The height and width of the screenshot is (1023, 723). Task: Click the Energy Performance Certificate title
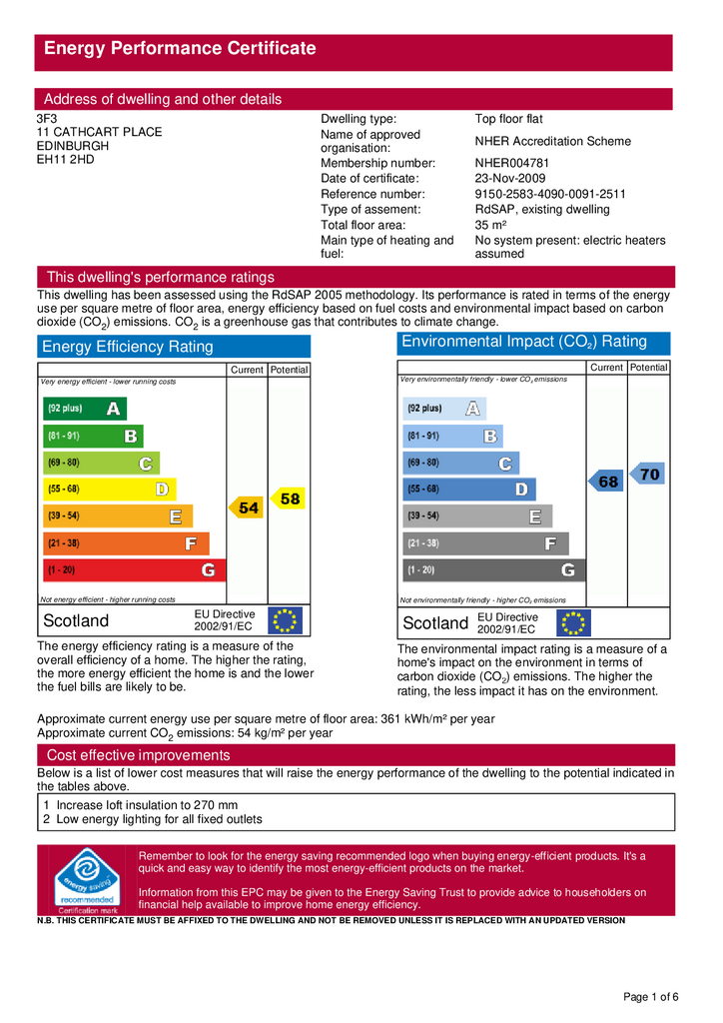[x=180, y=48]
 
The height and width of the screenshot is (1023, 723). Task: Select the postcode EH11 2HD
[x=65, y=159]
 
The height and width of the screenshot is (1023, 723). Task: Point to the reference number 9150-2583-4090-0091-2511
[x=550, y=194]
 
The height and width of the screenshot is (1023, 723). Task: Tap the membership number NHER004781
[x=512, y=163]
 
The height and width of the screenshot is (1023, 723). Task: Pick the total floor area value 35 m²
[x=492, y=225]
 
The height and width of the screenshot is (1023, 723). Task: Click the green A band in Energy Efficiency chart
[x=85, y=409]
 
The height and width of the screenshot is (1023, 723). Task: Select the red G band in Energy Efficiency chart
[x=133, y=570]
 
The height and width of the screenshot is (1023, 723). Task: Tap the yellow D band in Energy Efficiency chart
[x=109, y=490]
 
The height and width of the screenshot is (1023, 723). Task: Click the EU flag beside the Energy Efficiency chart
[x=286, y=621]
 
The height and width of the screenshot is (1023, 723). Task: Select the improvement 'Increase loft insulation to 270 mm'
[x=147, y=804]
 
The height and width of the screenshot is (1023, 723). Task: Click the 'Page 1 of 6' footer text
[x=651, y=997]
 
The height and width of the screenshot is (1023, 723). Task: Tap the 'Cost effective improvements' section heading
[x=139, y=755]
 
